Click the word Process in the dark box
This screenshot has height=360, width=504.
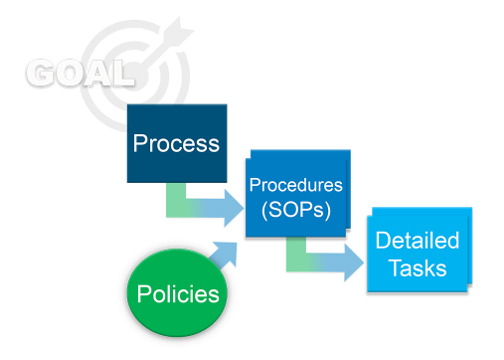pos(176,144)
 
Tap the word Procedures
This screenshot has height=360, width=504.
pos(296,185)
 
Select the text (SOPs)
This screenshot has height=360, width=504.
pos(296,210)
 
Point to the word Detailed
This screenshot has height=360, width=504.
pos(417,240)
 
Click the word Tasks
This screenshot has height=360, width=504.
pos(418,268)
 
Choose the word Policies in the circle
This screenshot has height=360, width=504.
pos(178,294)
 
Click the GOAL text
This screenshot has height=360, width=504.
pos(80,73)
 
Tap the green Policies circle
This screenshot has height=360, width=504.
pos(177,293)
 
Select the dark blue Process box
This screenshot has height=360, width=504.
pos(177,143)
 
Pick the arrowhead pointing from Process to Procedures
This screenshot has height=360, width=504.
pos(233,208)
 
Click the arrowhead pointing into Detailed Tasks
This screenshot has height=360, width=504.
pos(353,263)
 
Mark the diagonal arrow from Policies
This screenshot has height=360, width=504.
pos(224,256)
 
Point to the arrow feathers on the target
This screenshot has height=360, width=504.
pos(179,31)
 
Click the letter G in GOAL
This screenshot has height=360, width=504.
pos(40,73)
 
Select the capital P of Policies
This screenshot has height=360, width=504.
pos(143,294)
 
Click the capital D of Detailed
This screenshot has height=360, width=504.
pos(383,240)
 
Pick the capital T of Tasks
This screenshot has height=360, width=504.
pos(397,268)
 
